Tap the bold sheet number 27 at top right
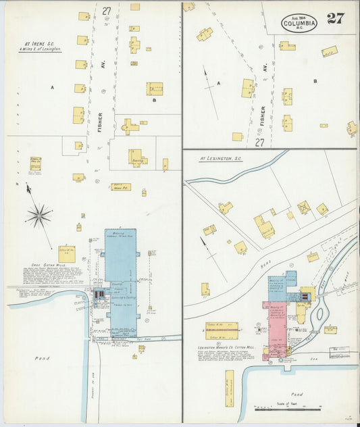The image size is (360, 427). pos(335,18)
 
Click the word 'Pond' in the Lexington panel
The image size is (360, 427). pos(297,393)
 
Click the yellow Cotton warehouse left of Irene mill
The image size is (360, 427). pos(66,253)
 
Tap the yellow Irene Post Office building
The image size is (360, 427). pos(121,187)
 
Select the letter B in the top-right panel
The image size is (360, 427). pos(315,81)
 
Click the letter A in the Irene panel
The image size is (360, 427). pos(51,88)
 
